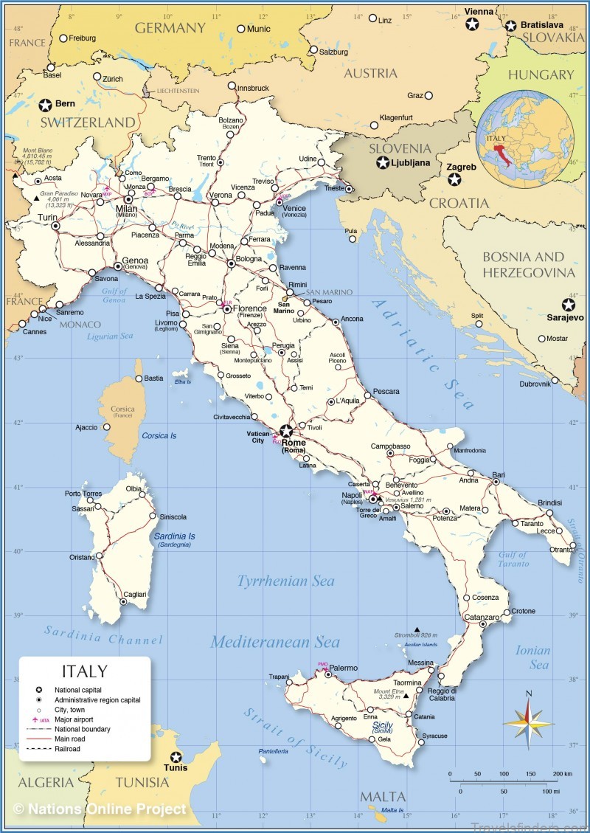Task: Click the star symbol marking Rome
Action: (x=285, y=431)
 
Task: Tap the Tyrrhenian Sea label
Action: (x=285, y=581)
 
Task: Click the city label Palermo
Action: (x=343, y=668)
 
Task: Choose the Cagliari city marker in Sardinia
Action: (x=123, y=602)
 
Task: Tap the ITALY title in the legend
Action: (x=84, y=671)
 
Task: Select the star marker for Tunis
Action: (x=176, y=757)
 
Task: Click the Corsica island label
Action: (x=122, y=409)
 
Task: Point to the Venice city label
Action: (x=294, y=209)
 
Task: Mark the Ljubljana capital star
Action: (x=383, y=163)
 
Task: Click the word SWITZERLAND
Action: (x=88, y=122)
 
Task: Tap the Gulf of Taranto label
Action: (x=513, y=559)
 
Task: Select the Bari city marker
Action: (x=496, y=482)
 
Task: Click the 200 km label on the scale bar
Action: (x=562, y=774)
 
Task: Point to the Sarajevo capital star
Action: (x=568, y=304)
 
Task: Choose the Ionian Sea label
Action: (x=533, y=657)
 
